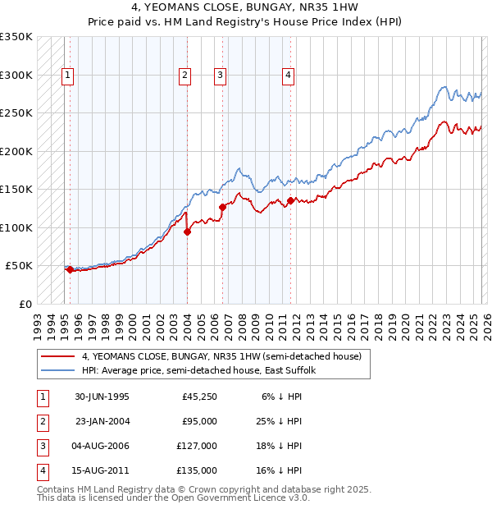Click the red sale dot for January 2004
(x=188, y=232)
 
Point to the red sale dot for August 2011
(x=291, y=200)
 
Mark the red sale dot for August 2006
(x=222, y=207)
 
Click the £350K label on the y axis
(x=16, y=37)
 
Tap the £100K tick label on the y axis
(x=16, y=227)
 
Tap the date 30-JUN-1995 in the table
(x=102, y=397)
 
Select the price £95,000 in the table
(x=199, y=421)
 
